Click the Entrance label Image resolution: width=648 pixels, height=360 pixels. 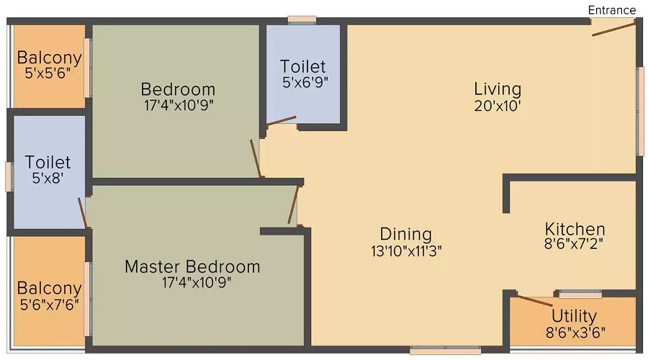click(611, 10)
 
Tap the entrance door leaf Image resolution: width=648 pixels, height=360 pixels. click(613, 30)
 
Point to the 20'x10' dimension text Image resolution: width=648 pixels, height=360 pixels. click(497, 107)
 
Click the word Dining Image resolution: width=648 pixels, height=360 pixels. click(406, 234)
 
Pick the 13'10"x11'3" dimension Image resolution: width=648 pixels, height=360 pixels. click(406, 251)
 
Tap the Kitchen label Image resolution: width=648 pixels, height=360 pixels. click(575, 229)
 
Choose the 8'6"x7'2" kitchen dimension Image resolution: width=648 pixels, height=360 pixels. click(574, 244)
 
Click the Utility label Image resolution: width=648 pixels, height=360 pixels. click(574, 316)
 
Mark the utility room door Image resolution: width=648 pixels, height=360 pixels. click(534, 300)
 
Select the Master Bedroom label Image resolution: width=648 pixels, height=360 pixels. click(192, 266)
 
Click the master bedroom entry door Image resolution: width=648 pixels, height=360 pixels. click(293, 204)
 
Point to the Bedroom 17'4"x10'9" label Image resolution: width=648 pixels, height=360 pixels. click(178, 97)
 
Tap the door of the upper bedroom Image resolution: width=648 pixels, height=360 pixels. click(256, 158)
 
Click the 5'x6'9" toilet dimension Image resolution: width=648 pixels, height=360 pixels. click(305, 83)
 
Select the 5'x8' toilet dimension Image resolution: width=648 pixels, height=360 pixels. click(48, 178)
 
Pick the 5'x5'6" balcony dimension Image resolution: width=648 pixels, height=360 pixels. click(48, 73)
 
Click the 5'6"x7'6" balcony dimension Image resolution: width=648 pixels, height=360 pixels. click(49, 305)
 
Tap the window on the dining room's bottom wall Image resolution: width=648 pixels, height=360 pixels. click(446, 351)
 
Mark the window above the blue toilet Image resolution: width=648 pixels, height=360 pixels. click(302, 20)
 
